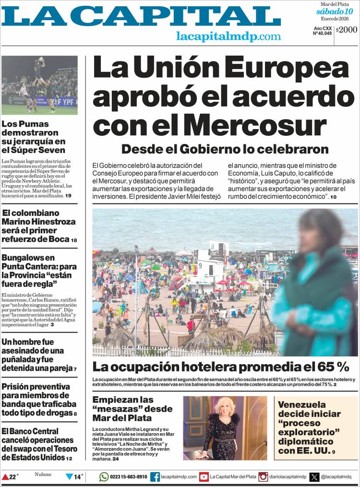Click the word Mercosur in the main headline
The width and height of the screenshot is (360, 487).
pos(255,125)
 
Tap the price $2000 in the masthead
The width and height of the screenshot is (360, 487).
pos(347,30)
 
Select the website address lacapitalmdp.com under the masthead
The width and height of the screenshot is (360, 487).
pos(228,36)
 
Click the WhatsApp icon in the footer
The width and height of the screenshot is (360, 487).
pos(104,476)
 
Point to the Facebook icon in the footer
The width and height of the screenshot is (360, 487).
pos(155,476)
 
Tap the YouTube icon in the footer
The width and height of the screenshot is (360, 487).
pos(204,476)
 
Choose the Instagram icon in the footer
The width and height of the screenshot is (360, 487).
pos(264,476)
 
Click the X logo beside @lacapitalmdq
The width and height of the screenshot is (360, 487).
pos(314,476)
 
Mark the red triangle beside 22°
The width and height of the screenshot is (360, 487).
pos(5,477)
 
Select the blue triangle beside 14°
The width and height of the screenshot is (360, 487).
pos(69,477)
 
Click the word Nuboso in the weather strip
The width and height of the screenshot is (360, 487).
pos(43,475)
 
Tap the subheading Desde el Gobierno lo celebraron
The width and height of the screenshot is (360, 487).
pos(225,149)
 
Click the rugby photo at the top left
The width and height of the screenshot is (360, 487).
pos(39,85)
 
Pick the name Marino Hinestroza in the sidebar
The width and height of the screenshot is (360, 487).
pos(38,222)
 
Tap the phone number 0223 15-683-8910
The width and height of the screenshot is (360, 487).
pos(129,477)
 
